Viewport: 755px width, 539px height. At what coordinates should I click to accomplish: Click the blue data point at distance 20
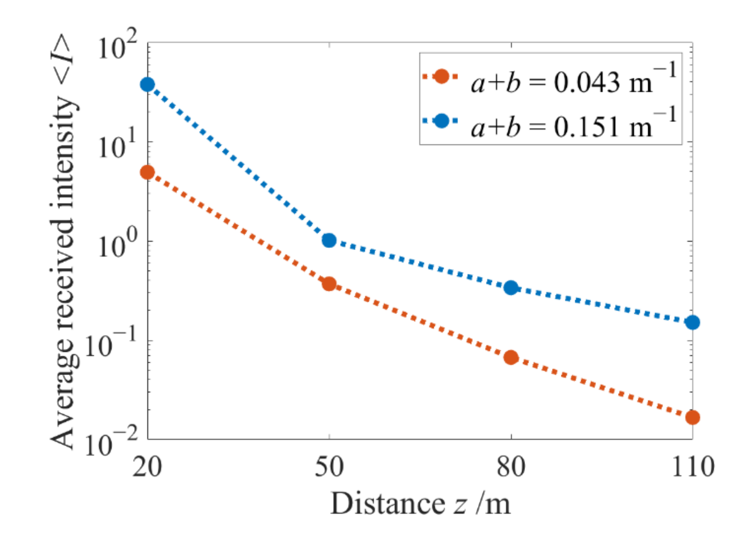tap(147, 84)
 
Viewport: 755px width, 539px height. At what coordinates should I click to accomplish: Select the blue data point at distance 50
tap(329, 240)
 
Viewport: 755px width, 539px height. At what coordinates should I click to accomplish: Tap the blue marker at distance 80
tap(511, 288)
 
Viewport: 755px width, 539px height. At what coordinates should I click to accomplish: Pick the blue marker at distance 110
tap(692, 322)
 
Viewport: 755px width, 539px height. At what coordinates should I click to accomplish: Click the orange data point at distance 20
tap(147, 172)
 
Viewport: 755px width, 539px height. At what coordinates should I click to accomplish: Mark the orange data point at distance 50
tap(329, 284)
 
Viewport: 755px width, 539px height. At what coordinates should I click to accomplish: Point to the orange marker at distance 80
tap(511, 358)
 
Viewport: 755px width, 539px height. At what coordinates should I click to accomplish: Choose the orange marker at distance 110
tap(692, 417)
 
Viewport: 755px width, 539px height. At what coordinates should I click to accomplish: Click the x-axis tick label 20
tap(147, 467)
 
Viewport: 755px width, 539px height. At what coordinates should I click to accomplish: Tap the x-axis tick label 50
tap(329, 467)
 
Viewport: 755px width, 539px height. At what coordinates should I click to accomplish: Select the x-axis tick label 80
tap(511, 467)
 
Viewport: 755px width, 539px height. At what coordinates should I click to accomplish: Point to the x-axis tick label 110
tap(692, 467)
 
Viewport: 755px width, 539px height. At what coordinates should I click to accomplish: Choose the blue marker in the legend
tap(442, 121)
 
